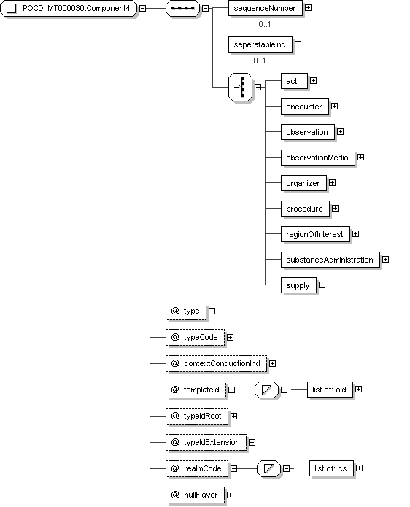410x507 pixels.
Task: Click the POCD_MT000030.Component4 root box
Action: pyautogui.click(x=69, y=9)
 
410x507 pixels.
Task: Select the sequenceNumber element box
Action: pyautogui.click(x=265, y=8)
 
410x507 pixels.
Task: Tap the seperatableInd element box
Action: pyautogui.click(x=260, y=44)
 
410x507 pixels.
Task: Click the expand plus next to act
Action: pyautogui.click(x=313, y=80)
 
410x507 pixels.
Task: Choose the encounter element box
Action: pyautogui.click(x=305, y=107)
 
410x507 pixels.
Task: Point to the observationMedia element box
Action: pyautogui.click(x=318, y=158)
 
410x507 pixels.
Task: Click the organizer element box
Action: pyautogui.click(x=303, y=183)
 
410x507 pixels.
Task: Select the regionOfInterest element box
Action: pyautogui.click(x=315, y=234)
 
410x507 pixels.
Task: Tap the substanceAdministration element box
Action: pyautogui.click(x=330, y=260)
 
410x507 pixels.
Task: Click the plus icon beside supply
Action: pyautogui.click(x=322, y=285)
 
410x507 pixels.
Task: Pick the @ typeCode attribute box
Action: pyautogui.click(x=195, y=337)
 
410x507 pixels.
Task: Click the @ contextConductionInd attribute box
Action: pyautogui.click(x=217, y=363)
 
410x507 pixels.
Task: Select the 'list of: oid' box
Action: pyautogui.click(x=330, y=390)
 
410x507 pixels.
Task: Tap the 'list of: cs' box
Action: pyautogui.click(x=331, y=468)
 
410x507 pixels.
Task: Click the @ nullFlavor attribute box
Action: pyautogui.click(x=195, y=495)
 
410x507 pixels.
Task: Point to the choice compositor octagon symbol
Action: pyautogui.click(x=240, y=87)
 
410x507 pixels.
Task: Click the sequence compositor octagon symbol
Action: pyautogui.click(x=182, y=9)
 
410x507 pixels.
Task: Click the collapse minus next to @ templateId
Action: pyautogui.click(x=231, y=390)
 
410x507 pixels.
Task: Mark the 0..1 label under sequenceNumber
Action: pyautogui.click(x=265, y=24)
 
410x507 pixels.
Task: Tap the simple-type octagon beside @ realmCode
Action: pyautogui.click(x=268, y=468)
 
